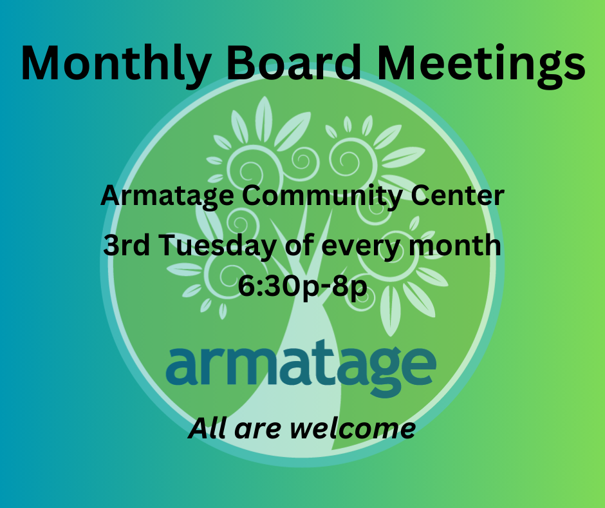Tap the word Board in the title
coord(294,63)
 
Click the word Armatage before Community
coord(167,196)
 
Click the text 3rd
coord(126,245)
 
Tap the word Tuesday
coord(217,246)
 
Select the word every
coord(362,248)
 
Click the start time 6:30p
coord(275,286)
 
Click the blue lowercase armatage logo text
coord(301,367)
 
